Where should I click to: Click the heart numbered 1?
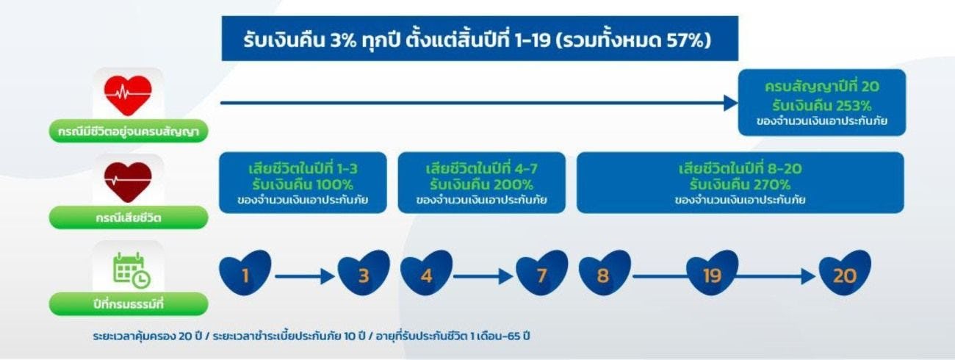pos(245,274)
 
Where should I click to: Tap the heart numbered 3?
pos(364,274)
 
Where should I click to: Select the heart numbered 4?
pos(425,274)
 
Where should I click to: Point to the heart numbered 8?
pos(604,274)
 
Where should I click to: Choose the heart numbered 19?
pos(712,274)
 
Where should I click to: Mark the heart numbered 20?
pos(845,274)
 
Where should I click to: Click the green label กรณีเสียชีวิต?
pos(129,218)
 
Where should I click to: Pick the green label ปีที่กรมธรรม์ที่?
pos(129,303)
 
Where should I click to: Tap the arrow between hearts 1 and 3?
pos(304,276)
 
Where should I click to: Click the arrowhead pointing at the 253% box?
pos(730,103)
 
